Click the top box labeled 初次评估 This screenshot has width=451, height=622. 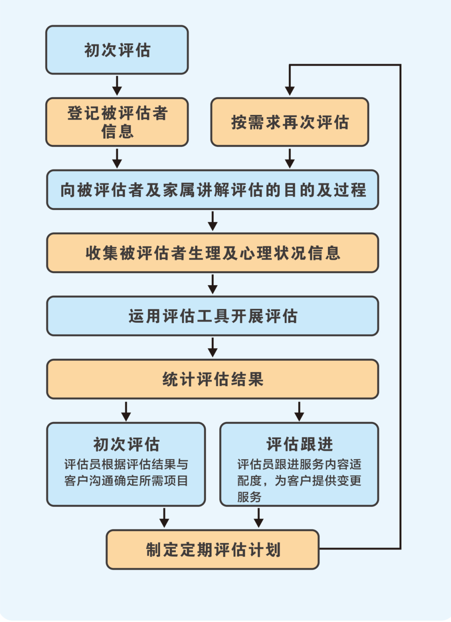pos(117,50)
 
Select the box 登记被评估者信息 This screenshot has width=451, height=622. pos(117,122)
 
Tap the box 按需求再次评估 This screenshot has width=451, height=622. pos(290,122)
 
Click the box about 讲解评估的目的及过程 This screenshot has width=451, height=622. pos(213,190)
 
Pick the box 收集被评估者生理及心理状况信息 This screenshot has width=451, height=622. pos(213,253)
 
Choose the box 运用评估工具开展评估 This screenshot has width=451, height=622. pos(213,316)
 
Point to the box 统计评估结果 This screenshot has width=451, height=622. pos(213,379)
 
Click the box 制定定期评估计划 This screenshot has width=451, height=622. pos(213,549)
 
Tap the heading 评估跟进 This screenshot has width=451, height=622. pos(299,444)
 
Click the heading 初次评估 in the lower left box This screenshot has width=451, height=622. pos(126,444)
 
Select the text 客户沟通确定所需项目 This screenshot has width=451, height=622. pos(126,480)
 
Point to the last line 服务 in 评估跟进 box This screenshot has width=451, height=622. pos(249,497)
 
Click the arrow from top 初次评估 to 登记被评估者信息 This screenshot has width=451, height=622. pos(117,86)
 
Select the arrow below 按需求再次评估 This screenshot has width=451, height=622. pos(290,158)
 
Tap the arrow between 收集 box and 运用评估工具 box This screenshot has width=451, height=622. pos(213,284)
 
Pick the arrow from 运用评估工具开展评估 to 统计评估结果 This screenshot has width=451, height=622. pos(213,347)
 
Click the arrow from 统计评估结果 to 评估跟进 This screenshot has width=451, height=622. pos(299,411)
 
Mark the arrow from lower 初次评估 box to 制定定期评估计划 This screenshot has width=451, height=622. pos(165,518)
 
